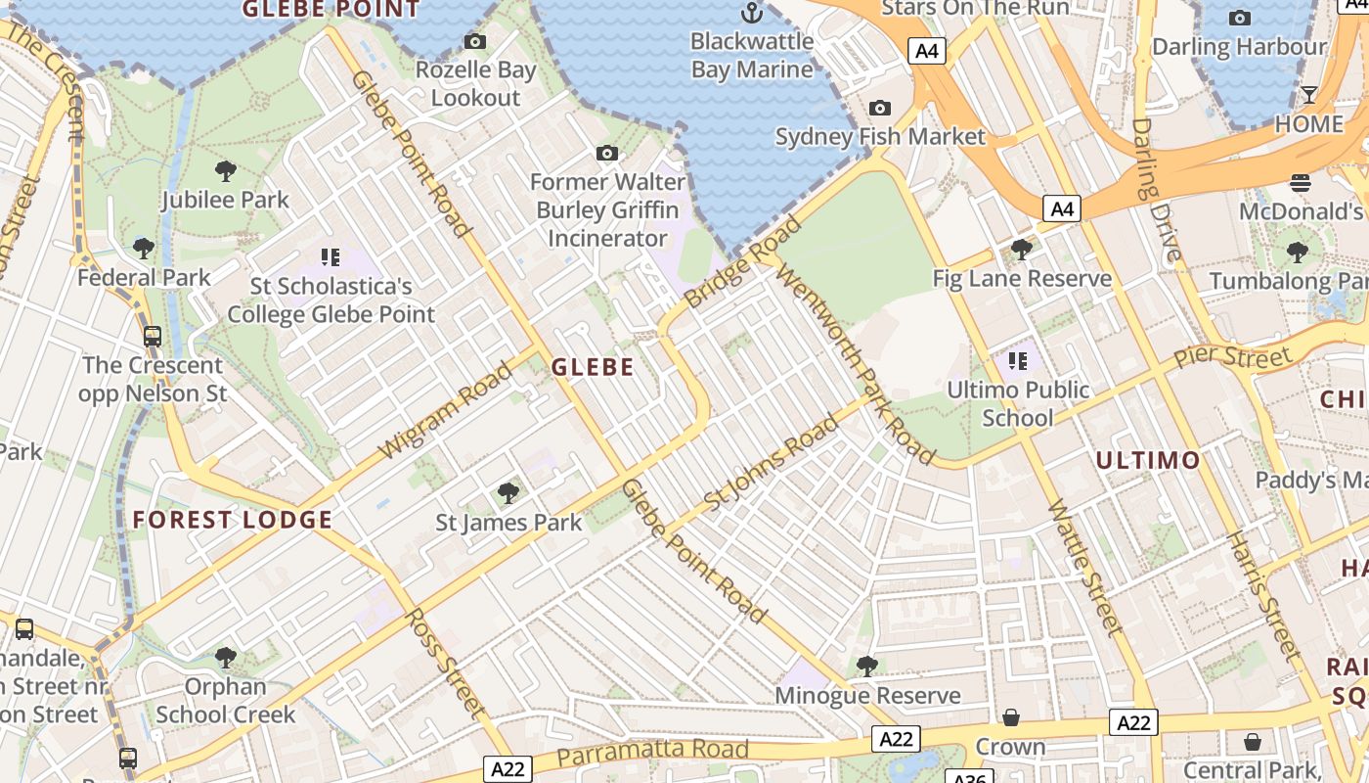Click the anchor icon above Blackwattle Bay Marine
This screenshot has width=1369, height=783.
click(751, 13)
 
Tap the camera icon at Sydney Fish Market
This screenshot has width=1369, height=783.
click(879, 108)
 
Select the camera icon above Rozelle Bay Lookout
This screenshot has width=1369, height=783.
click(475, 41)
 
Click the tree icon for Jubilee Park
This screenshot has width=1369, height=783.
click(226, 171)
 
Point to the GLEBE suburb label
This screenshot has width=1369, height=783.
click(593, 368)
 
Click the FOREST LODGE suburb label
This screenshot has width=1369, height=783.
click(233, 520)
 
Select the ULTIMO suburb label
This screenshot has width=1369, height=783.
click(1147, 460)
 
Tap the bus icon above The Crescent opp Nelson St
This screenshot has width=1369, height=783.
click(153, 337)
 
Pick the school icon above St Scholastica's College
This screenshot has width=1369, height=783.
click(331, 257)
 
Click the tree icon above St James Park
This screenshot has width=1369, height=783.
click(508, 492)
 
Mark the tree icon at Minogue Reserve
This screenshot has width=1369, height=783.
click(866, 667)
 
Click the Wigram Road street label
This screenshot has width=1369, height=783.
click(446, 411)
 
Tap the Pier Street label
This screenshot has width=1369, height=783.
click(1233, 356)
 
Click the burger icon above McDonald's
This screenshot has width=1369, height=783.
click(1300, 183)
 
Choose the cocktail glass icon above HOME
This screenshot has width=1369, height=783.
click(1308, 95)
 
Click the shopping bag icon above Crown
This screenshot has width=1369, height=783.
click(1011, 718)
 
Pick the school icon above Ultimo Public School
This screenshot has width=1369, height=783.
click(1018, 361)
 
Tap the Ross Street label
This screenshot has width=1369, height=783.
click(445, 663)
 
